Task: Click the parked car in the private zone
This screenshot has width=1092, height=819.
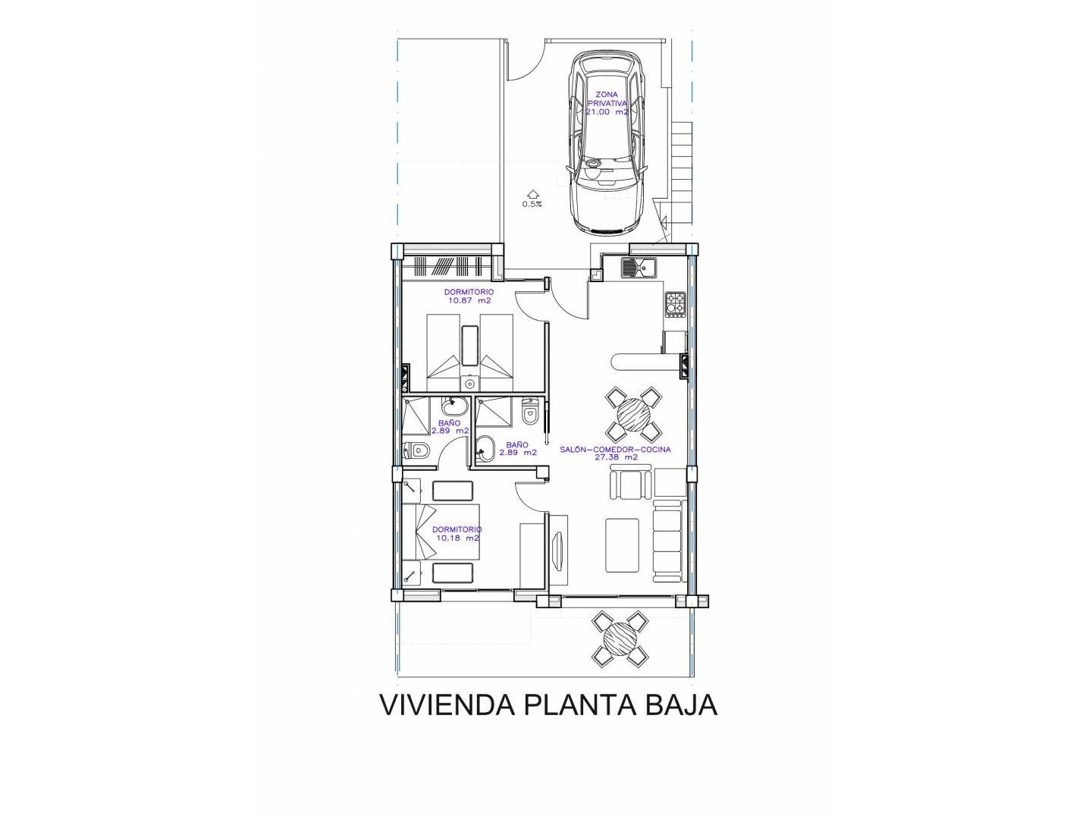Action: tap(607, 143)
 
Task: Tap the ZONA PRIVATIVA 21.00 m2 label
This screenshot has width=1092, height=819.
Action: tap(606, 103)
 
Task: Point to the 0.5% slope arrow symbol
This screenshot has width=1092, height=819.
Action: tap(532, 193)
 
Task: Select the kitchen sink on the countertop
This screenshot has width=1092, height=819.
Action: tap(639, 268)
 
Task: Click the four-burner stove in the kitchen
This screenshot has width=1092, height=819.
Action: tap(676, 304)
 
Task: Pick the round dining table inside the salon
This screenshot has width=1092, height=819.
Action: tap(633, 414)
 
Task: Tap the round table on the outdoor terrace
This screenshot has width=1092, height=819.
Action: tap(620, 639)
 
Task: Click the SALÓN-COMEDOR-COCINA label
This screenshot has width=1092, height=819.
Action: tap(615, 449)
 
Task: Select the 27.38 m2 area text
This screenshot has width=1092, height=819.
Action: tap(616, 457)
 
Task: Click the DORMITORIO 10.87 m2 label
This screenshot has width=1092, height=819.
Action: tap(469, 296)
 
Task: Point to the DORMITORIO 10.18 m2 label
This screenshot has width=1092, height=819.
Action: tap(457, 534)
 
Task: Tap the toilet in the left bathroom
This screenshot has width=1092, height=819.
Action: tap(416, 450)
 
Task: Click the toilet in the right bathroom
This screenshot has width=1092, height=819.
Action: tap(529, 411)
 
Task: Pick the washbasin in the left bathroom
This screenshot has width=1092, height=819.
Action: tap(455, 406)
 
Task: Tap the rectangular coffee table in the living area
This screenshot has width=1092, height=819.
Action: tap(622, 545)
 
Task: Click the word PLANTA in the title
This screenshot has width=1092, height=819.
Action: tap(580, 704)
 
